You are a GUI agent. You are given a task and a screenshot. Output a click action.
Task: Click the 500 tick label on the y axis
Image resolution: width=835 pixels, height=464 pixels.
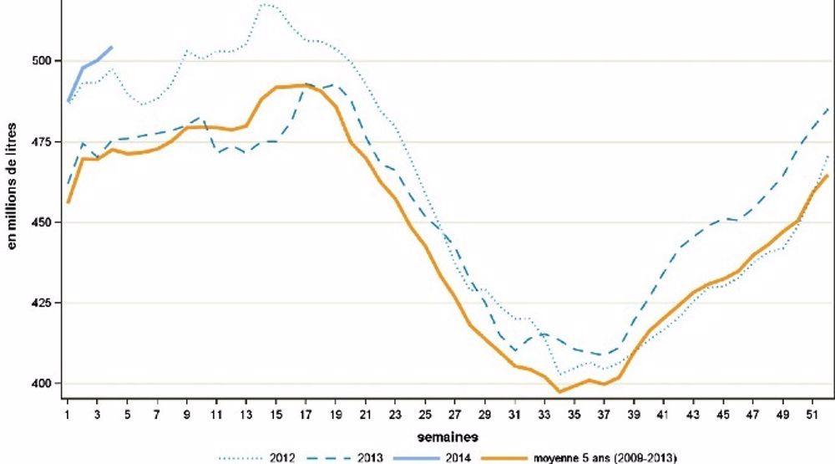[x=42, y=61]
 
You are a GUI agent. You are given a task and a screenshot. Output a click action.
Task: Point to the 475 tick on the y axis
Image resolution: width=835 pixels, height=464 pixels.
[x=42, y=141]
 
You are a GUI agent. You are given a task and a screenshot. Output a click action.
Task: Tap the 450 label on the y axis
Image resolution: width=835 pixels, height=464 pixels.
[x=42, y=222]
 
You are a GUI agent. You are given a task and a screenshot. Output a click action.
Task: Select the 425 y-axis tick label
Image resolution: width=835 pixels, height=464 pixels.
[x=42, y=303]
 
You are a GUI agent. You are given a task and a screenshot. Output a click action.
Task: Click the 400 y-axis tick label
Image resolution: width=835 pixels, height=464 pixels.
[x=42, y=384]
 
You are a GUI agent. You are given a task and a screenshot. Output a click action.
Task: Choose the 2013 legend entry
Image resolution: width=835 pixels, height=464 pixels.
[x=347, y=456]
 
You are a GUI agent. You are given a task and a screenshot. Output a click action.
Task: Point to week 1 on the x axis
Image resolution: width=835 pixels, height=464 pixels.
[x=68, y=413]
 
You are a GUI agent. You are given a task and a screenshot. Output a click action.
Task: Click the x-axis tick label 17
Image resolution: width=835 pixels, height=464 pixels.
[x=306, y=413]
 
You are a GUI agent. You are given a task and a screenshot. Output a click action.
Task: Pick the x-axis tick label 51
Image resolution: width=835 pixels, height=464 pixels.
[x=812, y=413]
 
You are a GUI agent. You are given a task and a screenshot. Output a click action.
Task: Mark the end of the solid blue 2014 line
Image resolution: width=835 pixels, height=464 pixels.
[x=112, y=47]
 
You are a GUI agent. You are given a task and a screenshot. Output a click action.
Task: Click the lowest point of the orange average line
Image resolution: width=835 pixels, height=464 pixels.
[x=559, y=391]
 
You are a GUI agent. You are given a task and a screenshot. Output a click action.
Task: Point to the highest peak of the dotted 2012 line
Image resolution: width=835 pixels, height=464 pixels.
[x=265, y=5]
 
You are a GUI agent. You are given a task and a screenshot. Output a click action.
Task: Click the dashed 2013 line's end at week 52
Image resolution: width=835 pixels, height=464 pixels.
[x=827, y=108]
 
